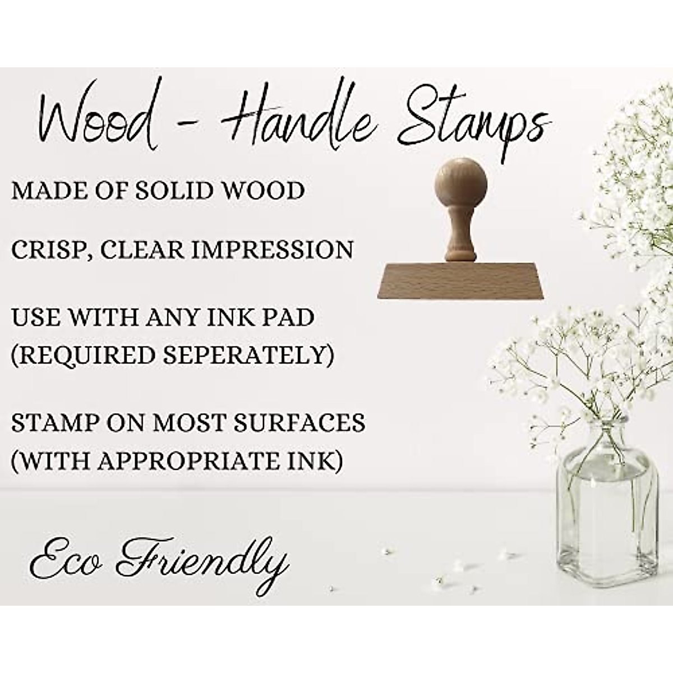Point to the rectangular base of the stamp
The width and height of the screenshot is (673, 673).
coord(460,280)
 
